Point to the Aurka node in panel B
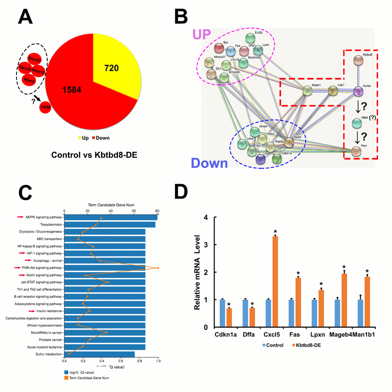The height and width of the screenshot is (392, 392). click(x=358, y=91)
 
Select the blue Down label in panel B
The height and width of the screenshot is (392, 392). click(x=209, y=163)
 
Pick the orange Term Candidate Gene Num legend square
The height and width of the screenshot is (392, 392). click(x=66, y=377)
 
